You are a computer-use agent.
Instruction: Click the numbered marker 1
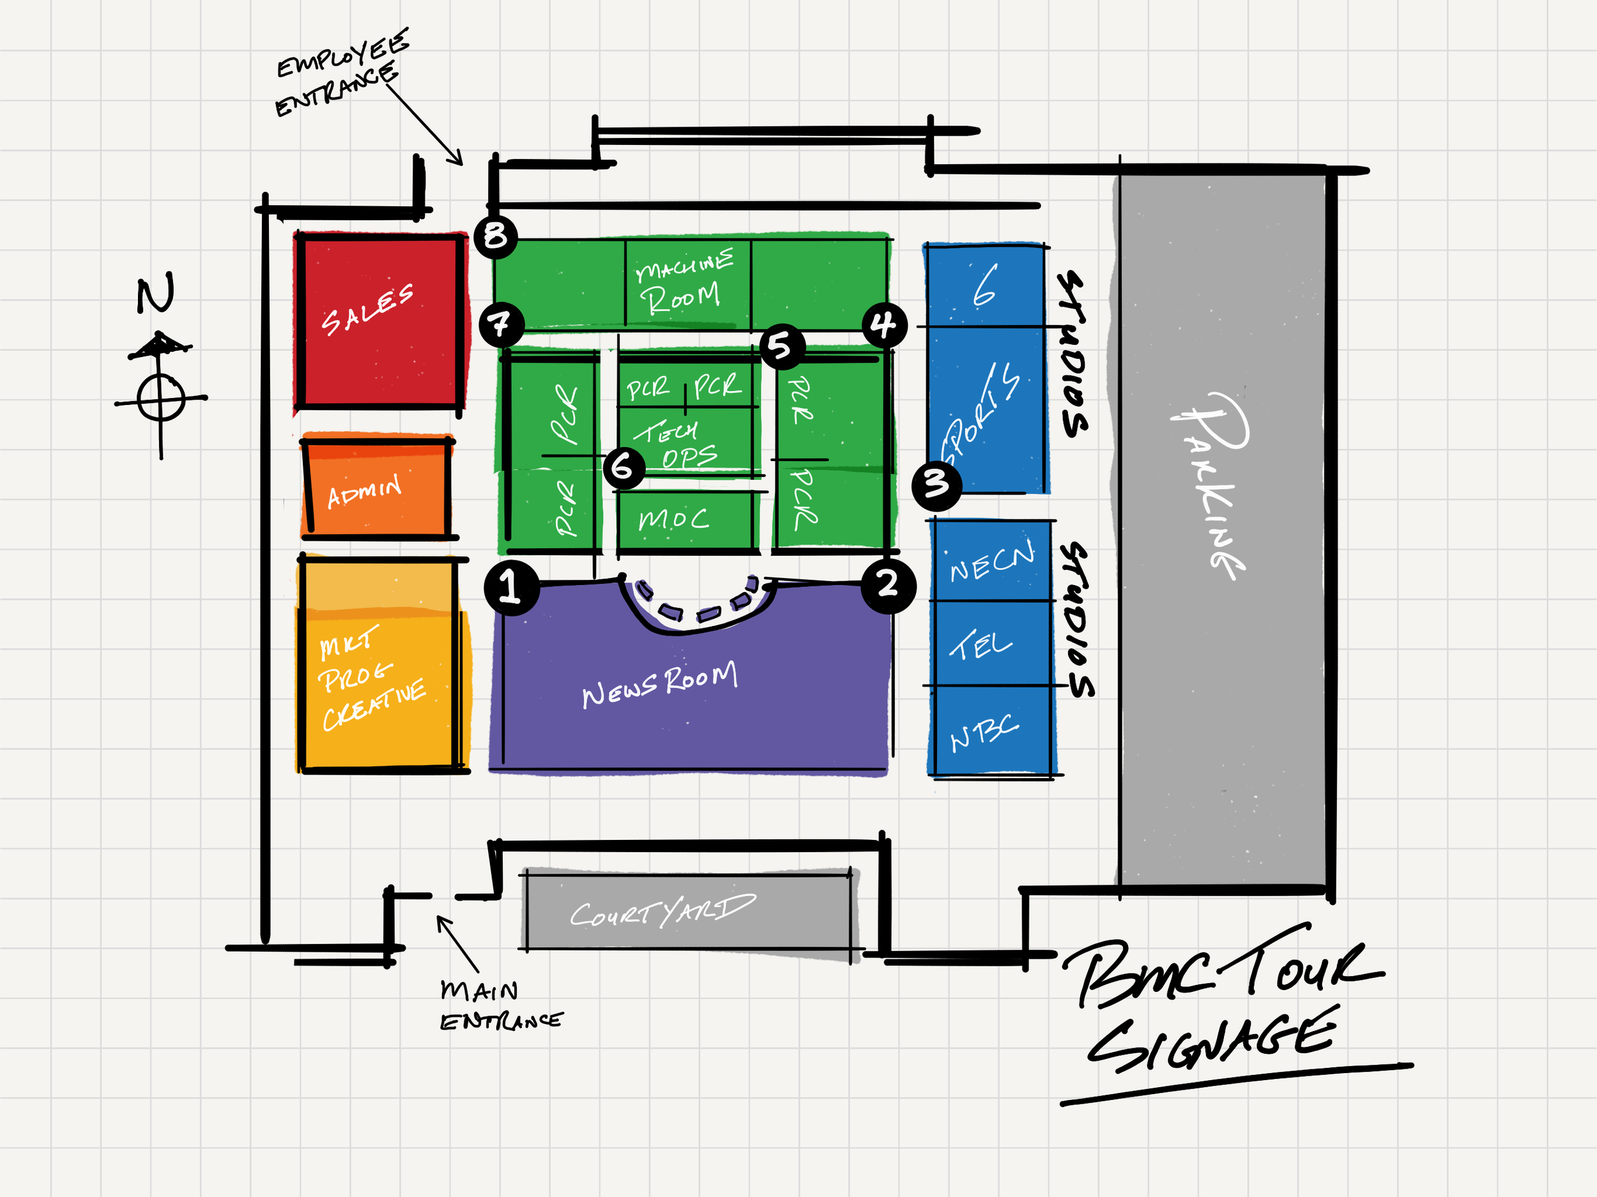click(x=512, y=586)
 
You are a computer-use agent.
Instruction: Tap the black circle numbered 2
click(x=888, y=585)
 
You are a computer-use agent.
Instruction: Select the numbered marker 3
click(x=936, y=484)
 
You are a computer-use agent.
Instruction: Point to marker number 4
click(x=884, y=325)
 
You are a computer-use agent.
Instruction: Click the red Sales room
click(x=379, y=321)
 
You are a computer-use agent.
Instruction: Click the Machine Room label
click(x=682, y=282)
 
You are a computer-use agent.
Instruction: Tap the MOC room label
click(x=673, y=519)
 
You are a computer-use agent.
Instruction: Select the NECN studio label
click(x=991, y=562)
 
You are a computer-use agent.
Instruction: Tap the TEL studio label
click(x=981, y=644)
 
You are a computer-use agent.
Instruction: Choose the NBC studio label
click(x=984, y=733)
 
